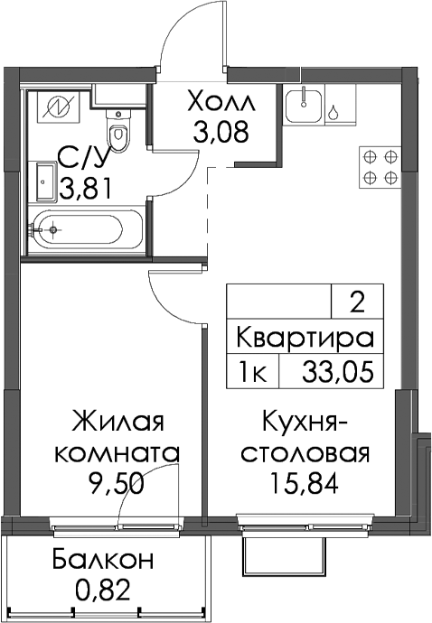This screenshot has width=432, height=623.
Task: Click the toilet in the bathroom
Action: pos(117,130)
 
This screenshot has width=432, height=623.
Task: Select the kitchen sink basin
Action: pos(304,107)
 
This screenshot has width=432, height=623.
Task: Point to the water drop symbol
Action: pos(333,112)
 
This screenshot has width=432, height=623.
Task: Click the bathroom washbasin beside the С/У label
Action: pos(46,181)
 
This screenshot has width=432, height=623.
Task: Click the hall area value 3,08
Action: pos(221,132)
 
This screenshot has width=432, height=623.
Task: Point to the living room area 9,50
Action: pos(117,484)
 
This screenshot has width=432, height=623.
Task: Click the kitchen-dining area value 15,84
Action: pos(304,482)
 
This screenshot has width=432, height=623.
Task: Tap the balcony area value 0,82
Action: pos(104,590)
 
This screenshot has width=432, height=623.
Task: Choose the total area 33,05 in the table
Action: pos(338,372)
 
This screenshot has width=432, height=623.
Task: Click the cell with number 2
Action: pos(358,303)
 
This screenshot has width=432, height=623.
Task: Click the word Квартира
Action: pos(305,339)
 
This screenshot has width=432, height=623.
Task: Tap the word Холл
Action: pos(221,102)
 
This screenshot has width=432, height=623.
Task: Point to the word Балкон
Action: pos(103,560)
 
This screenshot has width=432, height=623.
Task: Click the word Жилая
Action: pos(117,421)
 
